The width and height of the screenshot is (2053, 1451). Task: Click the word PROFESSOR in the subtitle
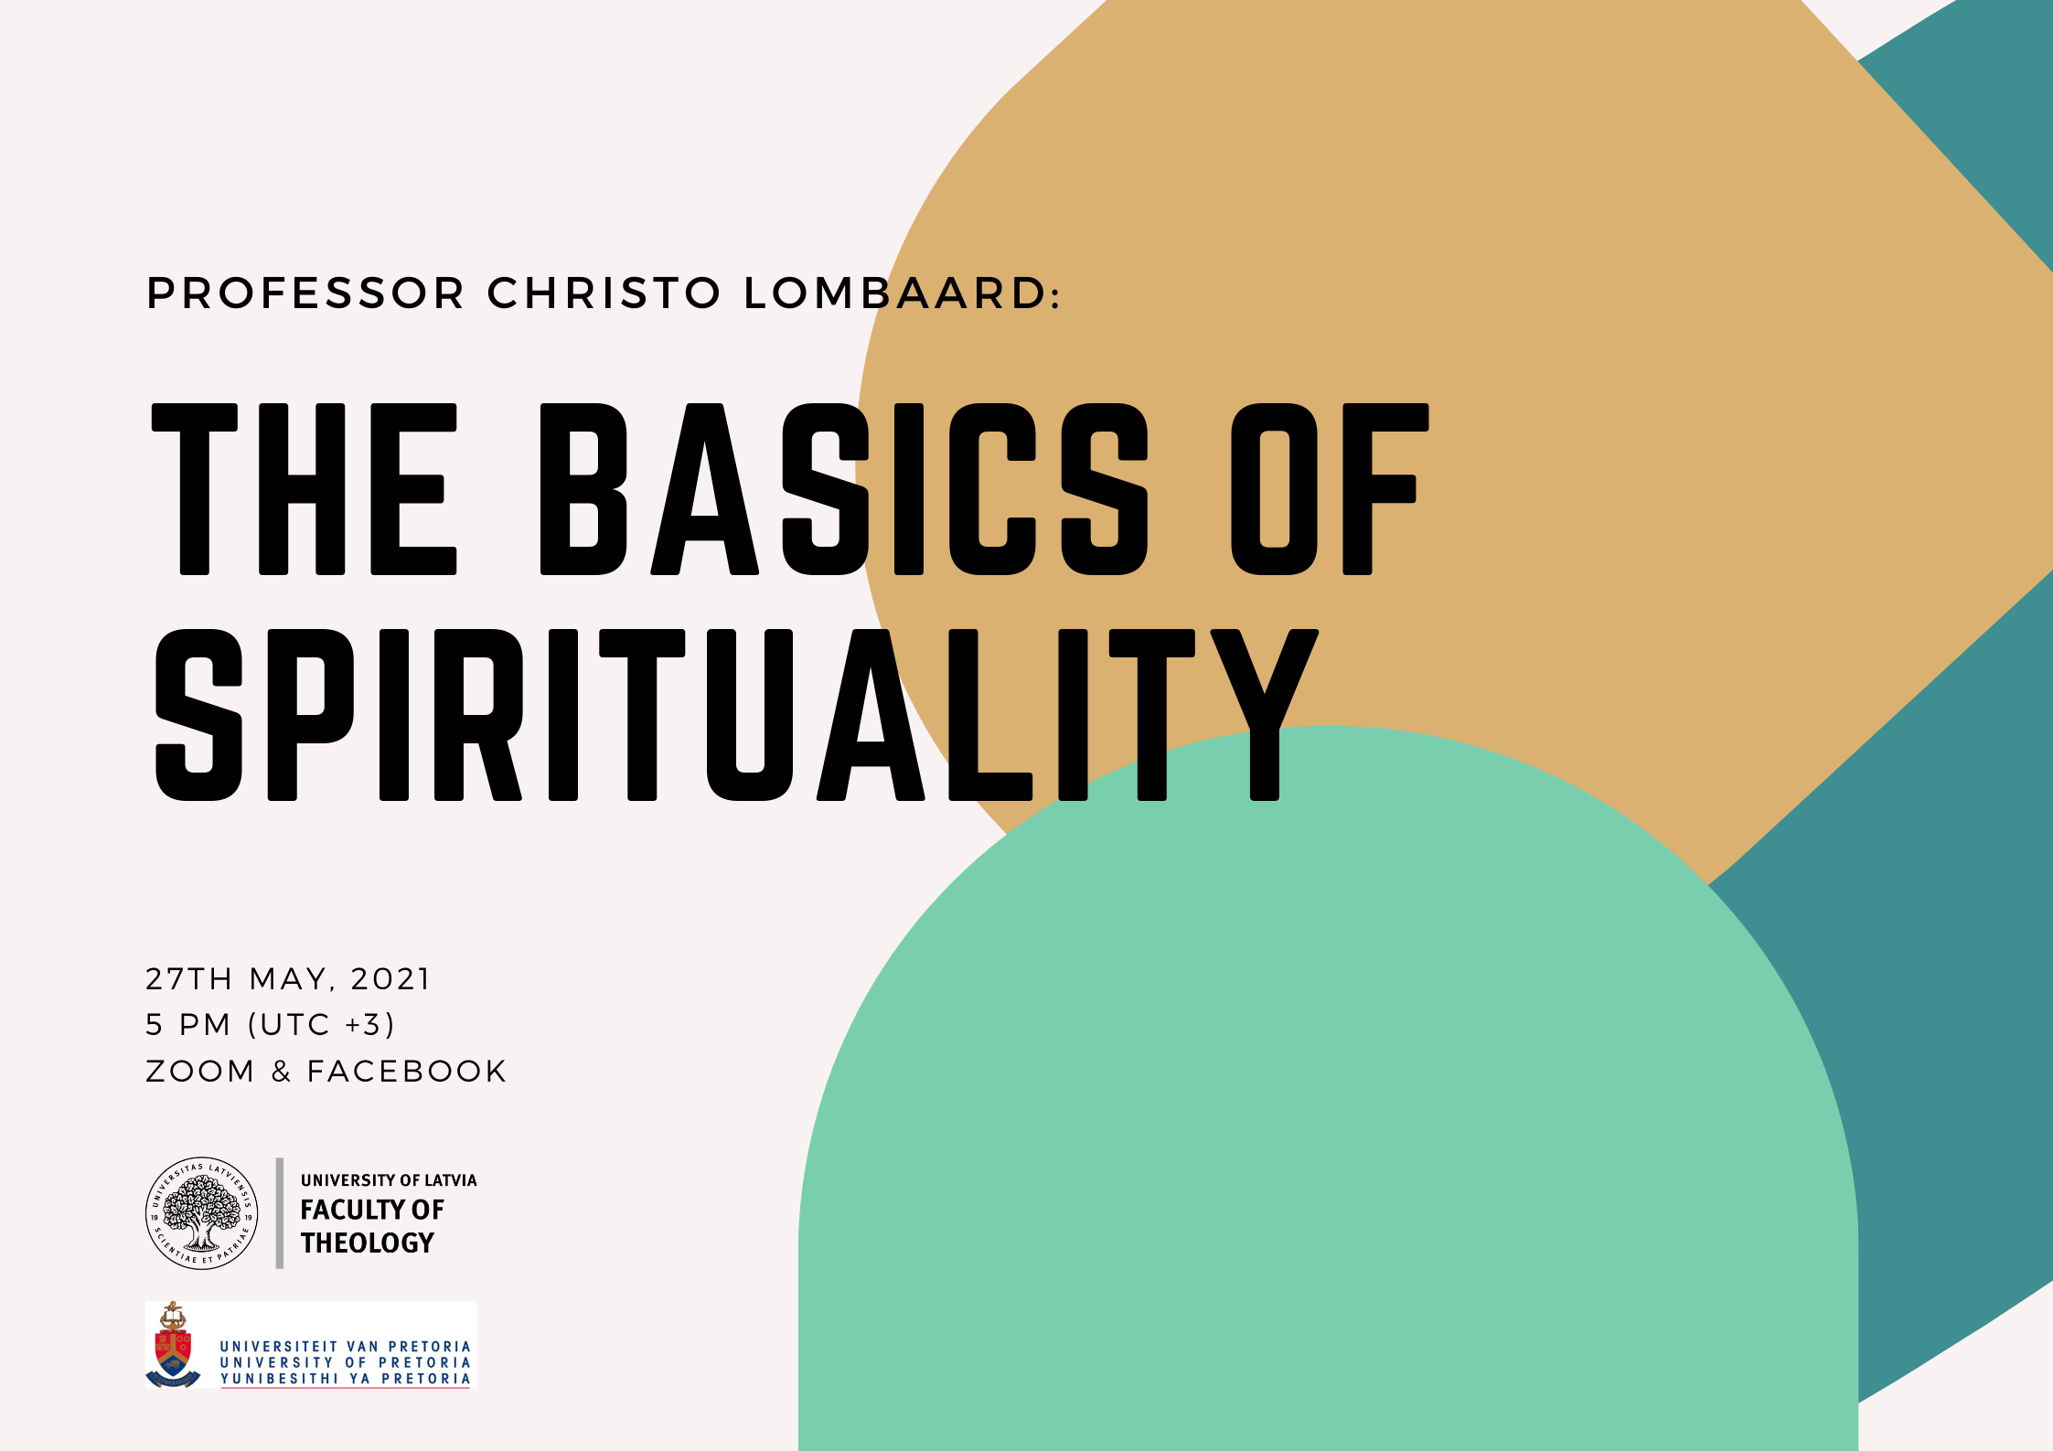tap(306, 293)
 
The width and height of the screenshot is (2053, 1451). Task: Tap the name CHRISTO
tap(604, 293)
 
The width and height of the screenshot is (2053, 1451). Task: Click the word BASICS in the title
tap(844, 489)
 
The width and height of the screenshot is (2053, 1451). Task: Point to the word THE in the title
tap(304, 489)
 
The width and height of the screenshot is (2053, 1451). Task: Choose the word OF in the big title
tap(1330, 489)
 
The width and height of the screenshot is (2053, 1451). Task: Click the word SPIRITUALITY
tap(736, 715)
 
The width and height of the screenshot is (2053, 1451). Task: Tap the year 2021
tap(390, 979)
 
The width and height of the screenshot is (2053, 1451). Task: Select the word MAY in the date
tap(287, 979)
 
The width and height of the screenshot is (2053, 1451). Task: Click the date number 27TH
tap(188, 979)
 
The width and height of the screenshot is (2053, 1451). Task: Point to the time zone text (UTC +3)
tap(321, 1025)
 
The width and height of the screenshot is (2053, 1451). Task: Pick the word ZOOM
tap(200, 1072)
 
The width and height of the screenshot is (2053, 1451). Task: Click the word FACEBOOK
tap(407, 1072)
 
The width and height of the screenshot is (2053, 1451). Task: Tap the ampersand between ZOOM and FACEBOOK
tap(281, 1072)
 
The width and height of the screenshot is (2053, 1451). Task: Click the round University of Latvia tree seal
tap(202, 1213)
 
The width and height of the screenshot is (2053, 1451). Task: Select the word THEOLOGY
tap(368, 1243)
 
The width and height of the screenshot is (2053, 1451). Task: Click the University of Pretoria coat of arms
tap(173, 1344)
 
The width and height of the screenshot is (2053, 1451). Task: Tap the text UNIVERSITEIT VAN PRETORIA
tap(346, 1347)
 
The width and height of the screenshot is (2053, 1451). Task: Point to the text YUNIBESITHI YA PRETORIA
tap(346, 1379)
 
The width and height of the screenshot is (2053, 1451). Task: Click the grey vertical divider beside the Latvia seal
tap(280, 1213)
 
